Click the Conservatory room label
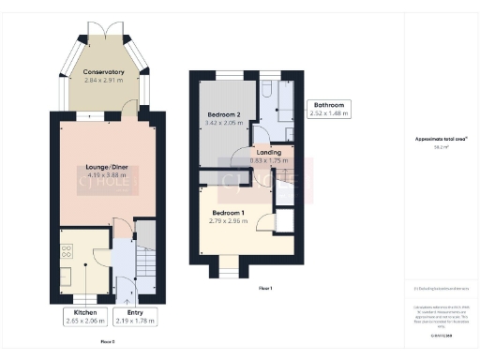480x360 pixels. pos(103,72)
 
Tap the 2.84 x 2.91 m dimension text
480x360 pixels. pos(103,82)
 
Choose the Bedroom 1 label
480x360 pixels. pos(230,212)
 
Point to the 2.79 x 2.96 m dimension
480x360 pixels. pos(230,221)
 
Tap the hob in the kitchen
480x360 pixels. pos(67,251)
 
